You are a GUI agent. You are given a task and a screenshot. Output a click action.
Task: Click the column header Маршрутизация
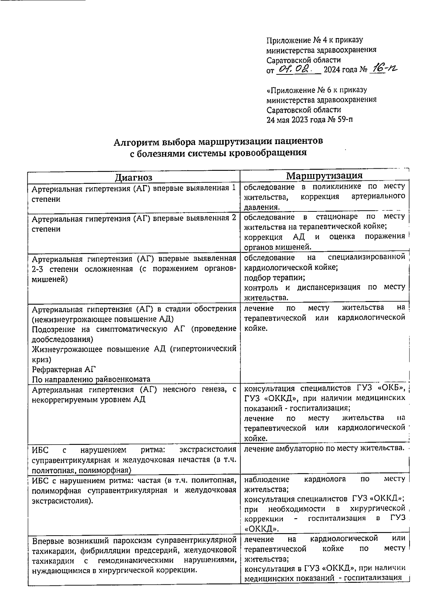[x=325, y=176]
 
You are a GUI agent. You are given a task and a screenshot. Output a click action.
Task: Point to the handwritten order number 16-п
[x=383, y=68]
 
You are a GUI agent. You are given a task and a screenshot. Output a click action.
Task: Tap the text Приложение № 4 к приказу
[x=315, y=40]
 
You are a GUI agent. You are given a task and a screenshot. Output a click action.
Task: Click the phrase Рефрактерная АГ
[x=59, y=369]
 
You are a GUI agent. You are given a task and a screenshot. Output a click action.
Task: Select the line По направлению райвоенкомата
[x=91, y=379]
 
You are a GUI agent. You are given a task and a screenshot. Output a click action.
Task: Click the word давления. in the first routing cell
[x=262, y=207]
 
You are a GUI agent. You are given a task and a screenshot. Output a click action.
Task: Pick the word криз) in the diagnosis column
[x=42, y=359]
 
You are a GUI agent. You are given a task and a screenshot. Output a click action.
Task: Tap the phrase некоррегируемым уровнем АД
[x=89, y=399]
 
